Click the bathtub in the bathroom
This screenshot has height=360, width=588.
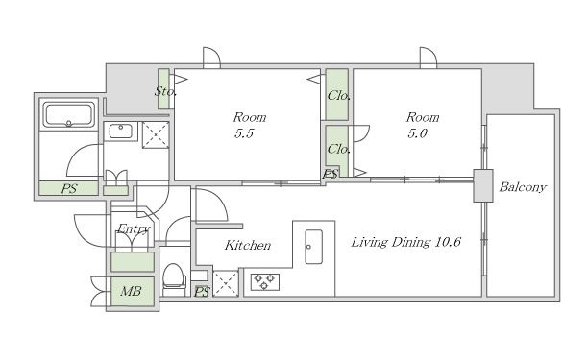[68, 115]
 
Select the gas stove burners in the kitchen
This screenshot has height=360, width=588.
[265, 282]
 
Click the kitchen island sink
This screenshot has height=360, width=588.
[313, 247]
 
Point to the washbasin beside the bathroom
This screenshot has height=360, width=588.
[121, 132]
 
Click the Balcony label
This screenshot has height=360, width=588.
[523, 187]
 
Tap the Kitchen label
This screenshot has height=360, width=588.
[248, 246]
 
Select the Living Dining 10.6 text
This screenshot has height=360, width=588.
[405, 242]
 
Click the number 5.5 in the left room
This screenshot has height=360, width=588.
[244, 133]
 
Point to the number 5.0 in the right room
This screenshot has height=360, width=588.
[417, 133]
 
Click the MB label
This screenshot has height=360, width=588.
[131, 291]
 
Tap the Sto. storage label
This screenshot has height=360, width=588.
[165, 91]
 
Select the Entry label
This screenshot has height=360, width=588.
[134, 228]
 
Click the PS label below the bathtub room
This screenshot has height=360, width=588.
[69, 188]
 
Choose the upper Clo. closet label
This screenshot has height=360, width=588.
[338, 96]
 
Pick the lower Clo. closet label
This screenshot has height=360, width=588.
[338, 149]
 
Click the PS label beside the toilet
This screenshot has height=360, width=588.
[202, 292]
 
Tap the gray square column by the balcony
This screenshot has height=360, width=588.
[483, 186]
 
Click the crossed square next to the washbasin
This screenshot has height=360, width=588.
[156, 134]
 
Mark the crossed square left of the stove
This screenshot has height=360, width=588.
[226, 283]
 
